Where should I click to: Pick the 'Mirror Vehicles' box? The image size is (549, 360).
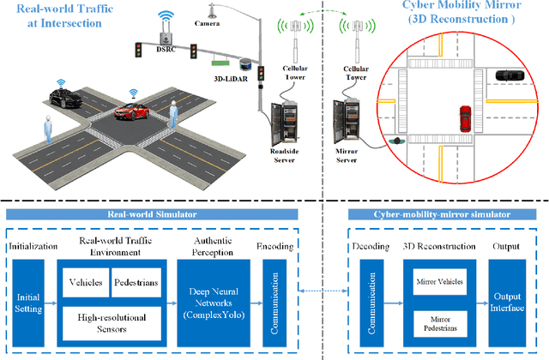pos(434,280)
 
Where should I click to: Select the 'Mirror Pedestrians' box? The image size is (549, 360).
pos(434,325)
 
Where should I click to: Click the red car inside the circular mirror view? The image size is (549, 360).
pos(466,116)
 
